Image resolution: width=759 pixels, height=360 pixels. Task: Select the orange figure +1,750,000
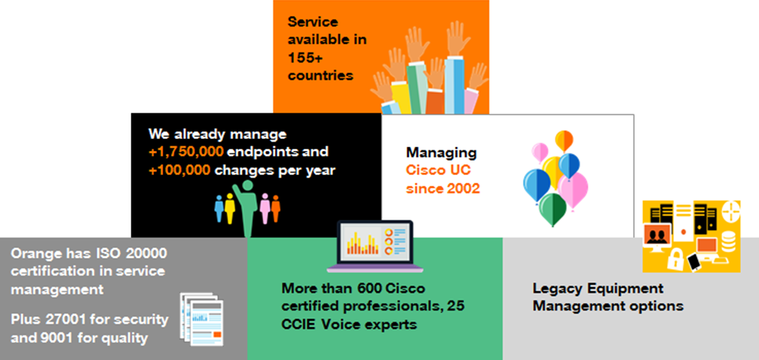tap(186, 152)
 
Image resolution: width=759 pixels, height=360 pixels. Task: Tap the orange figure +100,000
tap(179, 170)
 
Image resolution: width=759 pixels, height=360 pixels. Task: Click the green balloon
tap(553, 207)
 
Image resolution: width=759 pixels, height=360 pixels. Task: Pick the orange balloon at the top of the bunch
tap(564, 140)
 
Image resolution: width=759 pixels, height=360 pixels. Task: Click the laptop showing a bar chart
tap(375, 246)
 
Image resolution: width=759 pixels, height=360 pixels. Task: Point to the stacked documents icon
tap(202, 319)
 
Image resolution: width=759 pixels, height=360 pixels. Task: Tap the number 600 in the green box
tap(370, 289)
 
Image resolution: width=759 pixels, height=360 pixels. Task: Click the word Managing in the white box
tap(441, 154)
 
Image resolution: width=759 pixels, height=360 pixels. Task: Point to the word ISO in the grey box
tap(111, 253)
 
